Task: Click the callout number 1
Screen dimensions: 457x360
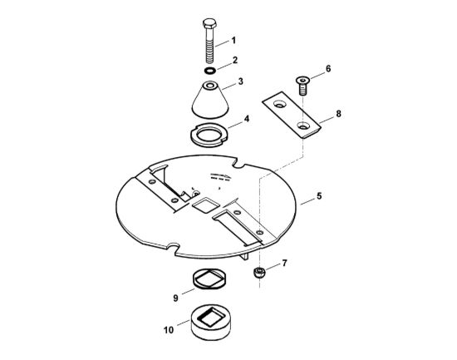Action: tap(233, 40)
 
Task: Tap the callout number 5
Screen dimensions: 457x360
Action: tap(319, 195)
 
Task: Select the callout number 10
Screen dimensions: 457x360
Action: tap(169, 330)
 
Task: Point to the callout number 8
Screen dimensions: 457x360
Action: tap(338, 113)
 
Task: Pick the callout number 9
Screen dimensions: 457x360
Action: tap(175, 298)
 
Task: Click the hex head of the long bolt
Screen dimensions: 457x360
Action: tap(209, 23)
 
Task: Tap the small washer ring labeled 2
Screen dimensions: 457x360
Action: tap(209, 71)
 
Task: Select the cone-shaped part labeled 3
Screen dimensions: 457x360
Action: tap(210, 100)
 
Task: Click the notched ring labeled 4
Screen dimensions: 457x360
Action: tap(209, 142)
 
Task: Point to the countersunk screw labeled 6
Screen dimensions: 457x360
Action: tap(302, 86)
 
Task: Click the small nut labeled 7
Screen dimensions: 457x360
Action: tap(258, 273)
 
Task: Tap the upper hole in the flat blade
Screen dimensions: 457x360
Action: tap(280, 104)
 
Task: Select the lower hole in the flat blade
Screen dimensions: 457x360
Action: tap(303, 126)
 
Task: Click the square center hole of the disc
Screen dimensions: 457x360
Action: tap(206, 205)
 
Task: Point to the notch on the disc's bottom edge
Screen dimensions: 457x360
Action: tap(173, 249)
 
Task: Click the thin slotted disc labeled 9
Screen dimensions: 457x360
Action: tap(209, 279)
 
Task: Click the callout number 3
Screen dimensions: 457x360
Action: tap(240, 81)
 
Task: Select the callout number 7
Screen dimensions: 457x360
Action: tap(284, 263)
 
